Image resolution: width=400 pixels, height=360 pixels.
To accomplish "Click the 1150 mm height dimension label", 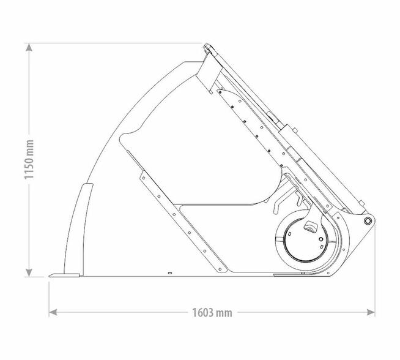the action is [x=29, y=160].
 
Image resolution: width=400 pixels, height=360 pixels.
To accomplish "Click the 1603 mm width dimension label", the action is [x=212, y=312].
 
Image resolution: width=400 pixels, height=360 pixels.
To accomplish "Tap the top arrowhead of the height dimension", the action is [x=29, y=47].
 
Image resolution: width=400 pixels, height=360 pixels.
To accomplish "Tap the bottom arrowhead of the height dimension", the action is [x=29, y=272].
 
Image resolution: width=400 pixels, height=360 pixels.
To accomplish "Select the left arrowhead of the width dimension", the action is [x=53, y=312].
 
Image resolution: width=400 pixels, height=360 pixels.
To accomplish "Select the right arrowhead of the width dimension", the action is [x=371, y=312].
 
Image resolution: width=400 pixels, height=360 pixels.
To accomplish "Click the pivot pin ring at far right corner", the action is [x=367, y=220].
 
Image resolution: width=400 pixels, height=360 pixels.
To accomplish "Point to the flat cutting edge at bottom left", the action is [x=64, y=276].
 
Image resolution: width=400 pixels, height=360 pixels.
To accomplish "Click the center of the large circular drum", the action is [x=305, y=240].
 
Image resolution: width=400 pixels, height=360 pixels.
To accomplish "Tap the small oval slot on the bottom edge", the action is [x=170, y=273].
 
